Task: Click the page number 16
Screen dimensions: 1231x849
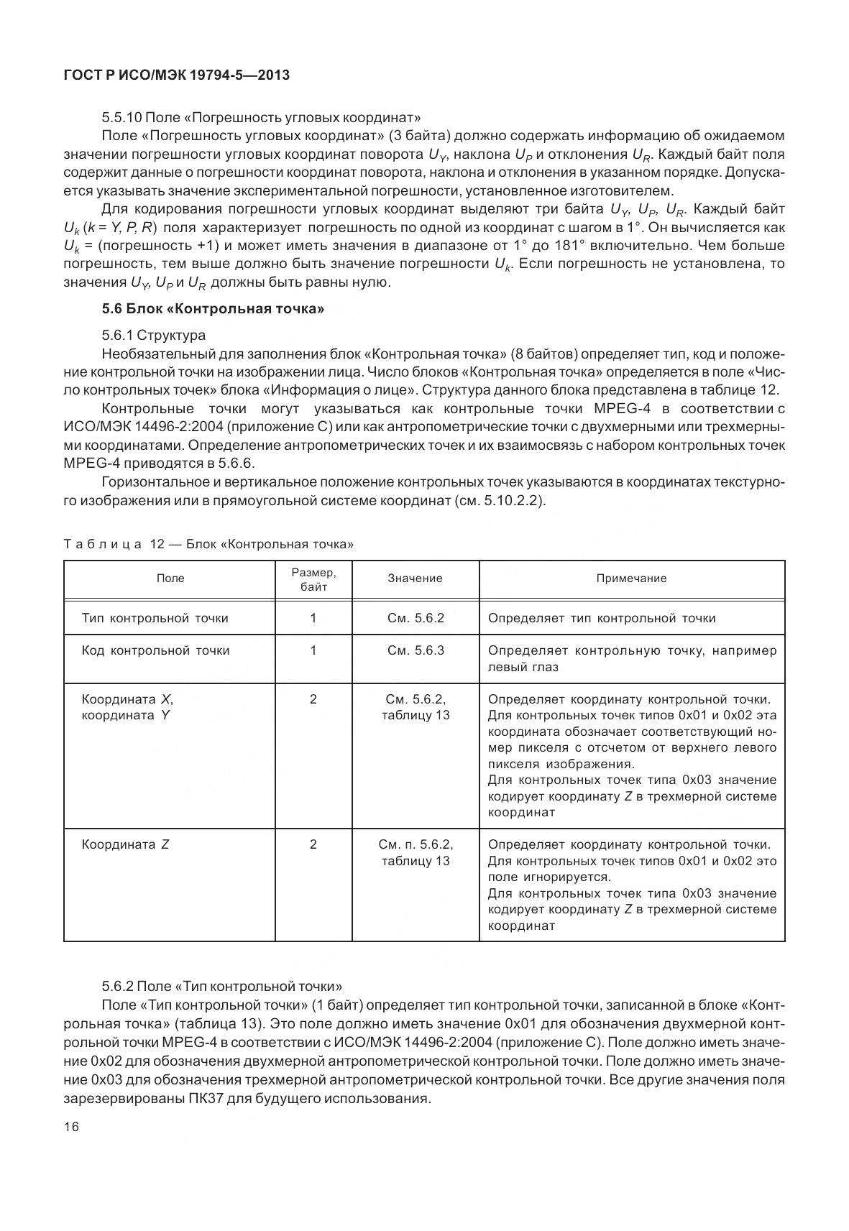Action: click(71, 1126)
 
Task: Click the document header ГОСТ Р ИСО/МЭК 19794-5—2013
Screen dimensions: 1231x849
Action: click(176, 75)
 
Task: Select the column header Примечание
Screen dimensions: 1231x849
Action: click(631, 578)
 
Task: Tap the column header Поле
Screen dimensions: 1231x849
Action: click(170, 578)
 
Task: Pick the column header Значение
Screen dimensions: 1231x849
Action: click(415, 578)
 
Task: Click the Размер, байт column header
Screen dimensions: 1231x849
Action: click(313, 579)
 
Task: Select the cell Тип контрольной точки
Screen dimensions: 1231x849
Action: click(155, 618)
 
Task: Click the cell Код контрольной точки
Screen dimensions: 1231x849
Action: click(156, 650)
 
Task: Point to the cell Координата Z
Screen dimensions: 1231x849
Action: click(126, 844)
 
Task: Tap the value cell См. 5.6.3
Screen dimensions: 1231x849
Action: click(416, 650)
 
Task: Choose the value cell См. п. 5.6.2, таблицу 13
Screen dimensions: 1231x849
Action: click(416, 852)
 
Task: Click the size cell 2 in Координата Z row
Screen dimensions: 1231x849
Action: click(313, 844)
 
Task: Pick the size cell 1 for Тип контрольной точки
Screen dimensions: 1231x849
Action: click(313, 618)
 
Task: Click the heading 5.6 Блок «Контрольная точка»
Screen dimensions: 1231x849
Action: click(214, 309)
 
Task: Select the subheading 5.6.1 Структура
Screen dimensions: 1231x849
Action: click(154, 335)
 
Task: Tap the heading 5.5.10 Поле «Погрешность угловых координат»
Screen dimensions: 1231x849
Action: click(261, 117)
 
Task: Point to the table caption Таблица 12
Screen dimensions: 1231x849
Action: click(208, 544)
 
